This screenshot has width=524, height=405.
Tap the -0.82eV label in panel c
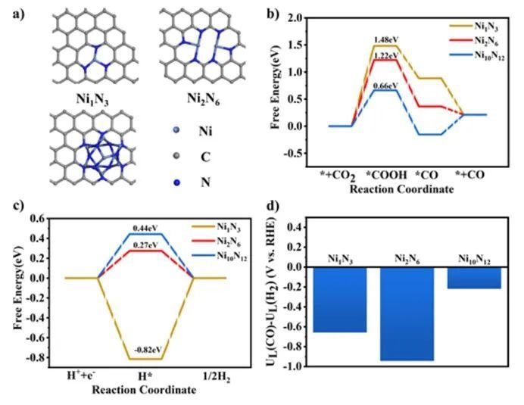click(145, 350)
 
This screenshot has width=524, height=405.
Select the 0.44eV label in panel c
click(145, 227)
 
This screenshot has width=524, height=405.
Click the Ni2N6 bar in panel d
click(407, 314)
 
